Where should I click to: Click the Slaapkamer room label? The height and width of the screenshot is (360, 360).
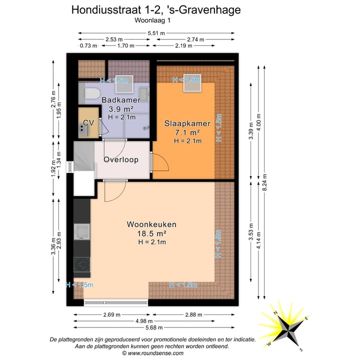[182, 123]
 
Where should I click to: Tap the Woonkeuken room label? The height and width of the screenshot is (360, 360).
[151, 224]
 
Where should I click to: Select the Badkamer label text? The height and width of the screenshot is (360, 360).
[120, 100]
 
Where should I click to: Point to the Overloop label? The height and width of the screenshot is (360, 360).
[120, 159]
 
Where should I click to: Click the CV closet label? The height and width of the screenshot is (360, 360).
[88, 122]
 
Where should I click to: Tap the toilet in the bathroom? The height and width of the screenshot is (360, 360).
[92, 93]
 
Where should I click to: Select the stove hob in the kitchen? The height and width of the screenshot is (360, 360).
[81, 263]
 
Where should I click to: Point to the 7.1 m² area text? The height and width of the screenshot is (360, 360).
[187, 132]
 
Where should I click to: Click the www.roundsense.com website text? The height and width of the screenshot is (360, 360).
[155, 352]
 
